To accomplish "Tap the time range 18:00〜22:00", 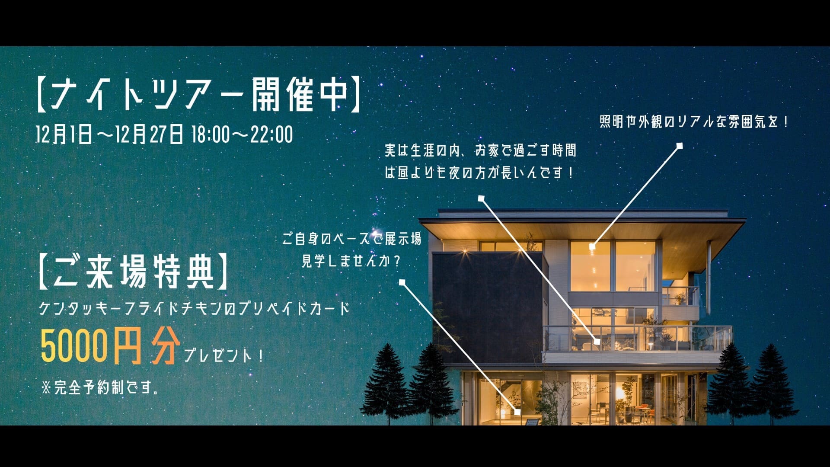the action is (x=242, y=134).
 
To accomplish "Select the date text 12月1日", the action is (x=64, y=134).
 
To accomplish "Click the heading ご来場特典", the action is (x=134, y=272).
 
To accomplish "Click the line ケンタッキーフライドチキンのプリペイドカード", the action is (x=194, y=308).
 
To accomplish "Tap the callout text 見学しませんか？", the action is (x=351, y=261).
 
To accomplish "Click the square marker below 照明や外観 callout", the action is (x=680, y=146).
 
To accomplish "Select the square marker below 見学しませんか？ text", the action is (x=402, y=282).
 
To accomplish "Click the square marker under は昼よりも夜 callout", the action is (x=481, y=198).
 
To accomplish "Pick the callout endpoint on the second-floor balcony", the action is (x=597, y=342).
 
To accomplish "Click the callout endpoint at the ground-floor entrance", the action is (x=517, y=412).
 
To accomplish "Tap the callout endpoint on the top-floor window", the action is (x=592, y=246).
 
